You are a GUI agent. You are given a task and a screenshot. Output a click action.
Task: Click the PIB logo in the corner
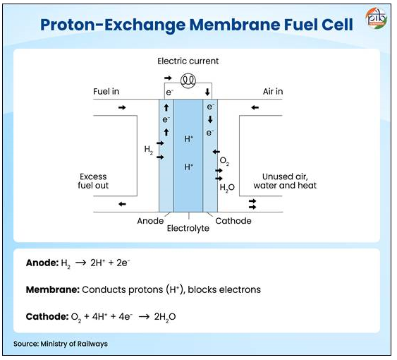pyautogui.click(x=376, y=18)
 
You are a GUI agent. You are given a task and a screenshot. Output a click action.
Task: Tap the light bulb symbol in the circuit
pyautogui.click(x=188, y=80)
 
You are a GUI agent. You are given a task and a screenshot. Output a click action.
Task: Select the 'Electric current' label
pyautogui.click(x=188, y=61)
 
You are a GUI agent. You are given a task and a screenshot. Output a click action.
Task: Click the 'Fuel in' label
pyautogui.click(x=106, y=91)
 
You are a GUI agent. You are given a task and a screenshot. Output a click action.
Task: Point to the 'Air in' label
pyautogui.click(x=273, y=91)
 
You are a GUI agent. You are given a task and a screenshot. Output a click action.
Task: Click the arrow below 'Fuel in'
pyautogui.click(x=122, y=108)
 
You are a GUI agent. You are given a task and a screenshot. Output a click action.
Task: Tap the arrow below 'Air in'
pyautogui.click(x=255, y=108)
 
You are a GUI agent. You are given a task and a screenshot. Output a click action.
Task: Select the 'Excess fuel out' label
pyautogui.click(x=93, y=181)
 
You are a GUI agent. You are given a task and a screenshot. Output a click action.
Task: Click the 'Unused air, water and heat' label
pyautogui.click(x=285, y=181)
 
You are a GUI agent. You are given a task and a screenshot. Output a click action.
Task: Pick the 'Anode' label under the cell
pyautogui.click(x=150, y=221)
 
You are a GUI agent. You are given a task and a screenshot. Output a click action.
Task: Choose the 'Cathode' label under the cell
pyautogui.click(x=233, y=221)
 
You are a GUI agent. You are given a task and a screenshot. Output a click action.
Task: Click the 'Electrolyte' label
pyautogui.click(x=188, y=229)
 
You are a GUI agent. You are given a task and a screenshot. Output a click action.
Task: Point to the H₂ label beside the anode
pyautogui.click(x=149, y=150)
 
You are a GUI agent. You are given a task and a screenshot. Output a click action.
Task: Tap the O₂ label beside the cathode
pyautogui.click(x=224, y=161)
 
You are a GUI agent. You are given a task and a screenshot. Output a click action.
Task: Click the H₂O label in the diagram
pyautogui.click(x=227, y=188)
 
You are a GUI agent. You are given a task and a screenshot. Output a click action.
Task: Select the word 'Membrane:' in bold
pyautogui.click(x=53, y=289)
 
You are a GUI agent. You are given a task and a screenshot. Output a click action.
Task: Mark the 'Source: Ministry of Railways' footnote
pyautogui.click(x=61, y=344)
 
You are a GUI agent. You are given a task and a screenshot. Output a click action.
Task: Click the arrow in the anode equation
pyautogui.click(x=80, y=263)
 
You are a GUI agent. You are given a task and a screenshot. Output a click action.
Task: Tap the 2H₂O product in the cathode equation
pyautogui.click(x=165, y=317)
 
